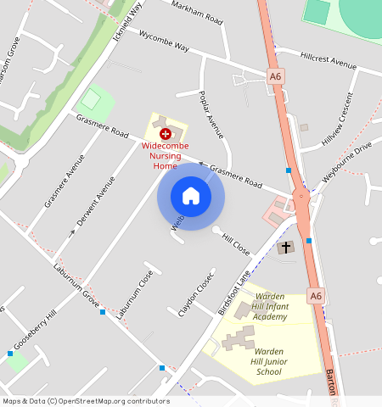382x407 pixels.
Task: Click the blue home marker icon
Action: (191, 197)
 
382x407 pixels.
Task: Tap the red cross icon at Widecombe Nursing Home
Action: (165, 134)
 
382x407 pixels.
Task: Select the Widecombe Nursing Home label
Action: (165, 155)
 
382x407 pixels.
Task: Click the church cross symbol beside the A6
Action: (286, 248)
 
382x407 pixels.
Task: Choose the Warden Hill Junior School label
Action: (280, 360)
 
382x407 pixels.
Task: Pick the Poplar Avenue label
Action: (209, 114)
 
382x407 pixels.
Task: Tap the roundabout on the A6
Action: (301, 200)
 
